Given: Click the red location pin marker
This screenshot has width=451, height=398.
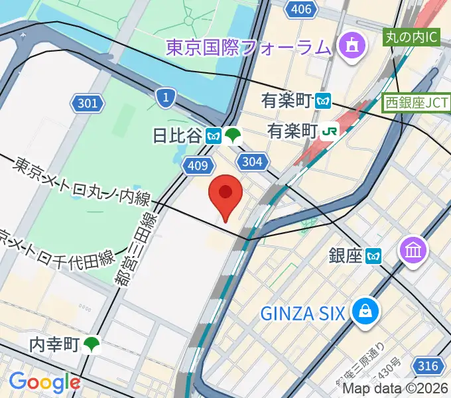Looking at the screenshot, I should (225, 194).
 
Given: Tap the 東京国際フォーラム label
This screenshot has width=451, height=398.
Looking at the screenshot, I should (247, 47).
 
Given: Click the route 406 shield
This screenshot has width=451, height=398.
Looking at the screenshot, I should (301, 9).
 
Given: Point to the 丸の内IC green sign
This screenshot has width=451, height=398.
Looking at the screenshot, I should (412, 36).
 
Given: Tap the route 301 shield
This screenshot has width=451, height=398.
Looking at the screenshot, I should (87, 103).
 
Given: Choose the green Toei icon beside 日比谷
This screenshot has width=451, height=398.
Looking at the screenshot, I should (233, 136).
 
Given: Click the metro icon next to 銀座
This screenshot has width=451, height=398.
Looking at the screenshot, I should (375, 255).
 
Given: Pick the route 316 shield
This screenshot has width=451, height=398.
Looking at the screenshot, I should (427, 365).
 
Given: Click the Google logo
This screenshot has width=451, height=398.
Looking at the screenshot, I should (44, 382).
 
